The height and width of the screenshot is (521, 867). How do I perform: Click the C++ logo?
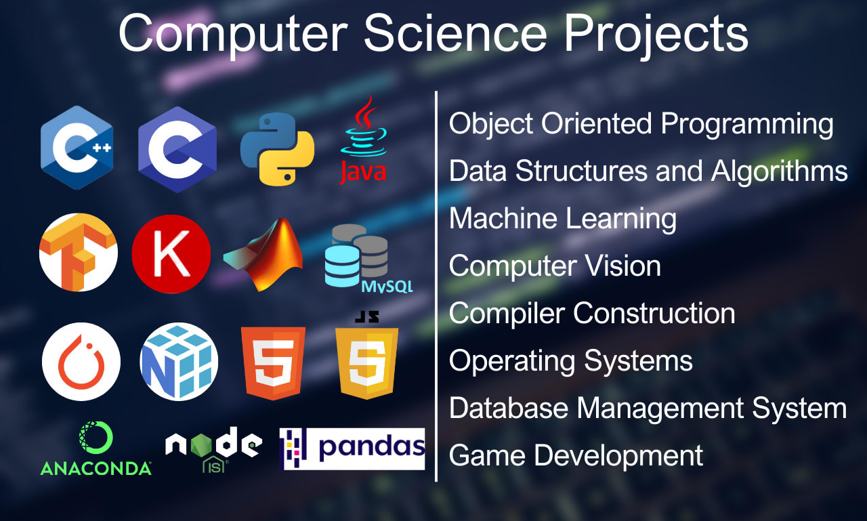point(77,147)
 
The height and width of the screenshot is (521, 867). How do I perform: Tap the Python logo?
point(277,148)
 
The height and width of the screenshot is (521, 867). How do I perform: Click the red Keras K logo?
point(171,253)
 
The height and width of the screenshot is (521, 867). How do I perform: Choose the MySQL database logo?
point(362,259)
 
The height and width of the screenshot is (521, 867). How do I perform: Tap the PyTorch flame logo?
point(81,361)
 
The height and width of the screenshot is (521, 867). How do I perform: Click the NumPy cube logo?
point(179,361)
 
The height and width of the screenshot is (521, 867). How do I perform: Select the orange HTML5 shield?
point(273,362)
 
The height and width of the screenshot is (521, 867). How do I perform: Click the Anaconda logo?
point(96,449)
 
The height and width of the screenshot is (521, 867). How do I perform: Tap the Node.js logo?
point(213,448)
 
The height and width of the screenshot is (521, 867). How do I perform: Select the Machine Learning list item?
point(562,219)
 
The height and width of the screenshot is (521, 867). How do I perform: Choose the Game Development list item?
point(576,456)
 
